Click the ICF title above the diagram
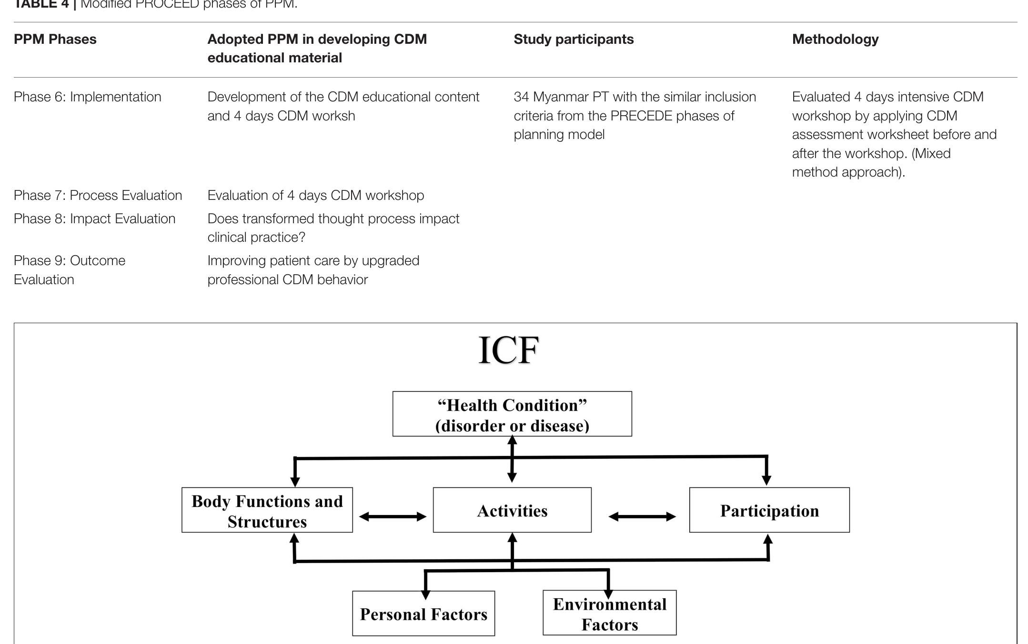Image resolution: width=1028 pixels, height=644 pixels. [508, 351]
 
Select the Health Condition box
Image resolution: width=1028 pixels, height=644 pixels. [512, 414]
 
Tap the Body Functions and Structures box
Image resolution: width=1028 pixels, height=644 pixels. [267, 510]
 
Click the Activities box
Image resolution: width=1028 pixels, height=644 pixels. [512, 510]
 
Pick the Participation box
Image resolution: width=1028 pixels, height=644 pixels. [769, 510]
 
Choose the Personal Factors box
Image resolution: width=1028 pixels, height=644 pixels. [423, 614]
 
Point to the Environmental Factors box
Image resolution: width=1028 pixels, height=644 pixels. [609, 614]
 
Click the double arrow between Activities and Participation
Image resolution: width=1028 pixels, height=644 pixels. [642, 516]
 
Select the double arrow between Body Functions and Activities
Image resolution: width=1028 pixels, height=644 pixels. [393, 516]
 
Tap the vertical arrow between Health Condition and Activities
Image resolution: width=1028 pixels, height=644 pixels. [512, 459]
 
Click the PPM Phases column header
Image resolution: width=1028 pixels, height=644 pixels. [55, 39]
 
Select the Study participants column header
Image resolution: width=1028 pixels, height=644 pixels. [574, 39]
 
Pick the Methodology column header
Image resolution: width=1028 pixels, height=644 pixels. [835, 39]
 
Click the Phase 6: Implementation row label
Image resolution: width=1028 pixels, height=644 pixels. [88, 97]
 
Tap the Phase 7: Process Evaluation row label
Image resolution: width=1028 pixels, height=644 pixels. [98, 195]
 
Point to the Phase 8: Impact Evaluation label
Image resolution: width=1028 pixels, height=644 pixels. [94, 218]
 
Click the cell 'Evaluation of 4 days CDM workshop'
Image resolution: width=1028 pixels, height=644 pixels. [315, 195]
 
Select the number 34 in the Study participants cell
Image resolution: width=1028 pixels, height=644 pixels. [521, 97]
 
